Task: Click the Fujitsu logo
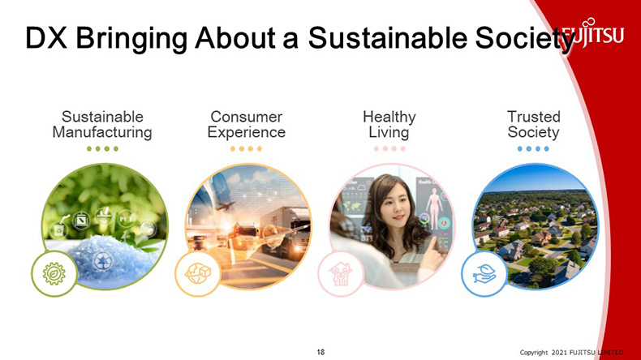593,32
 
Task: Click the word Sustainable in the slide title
388,38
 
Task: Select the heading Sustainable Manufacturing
102,125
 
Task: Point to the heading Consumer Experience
246,125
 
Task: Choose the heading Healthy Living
389,125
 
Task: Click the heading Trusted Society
533,125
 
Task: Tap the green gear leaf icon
54,273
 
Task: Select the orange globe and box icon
198,273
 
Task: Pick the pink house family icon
341,274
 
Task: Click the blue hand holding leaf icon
484,273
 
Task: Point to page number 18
321,352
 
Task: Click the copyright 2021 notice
571,352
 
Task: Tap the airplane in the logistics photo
225,205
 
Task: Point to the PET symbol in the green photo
126,219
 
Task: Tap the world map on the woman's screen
351,205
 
